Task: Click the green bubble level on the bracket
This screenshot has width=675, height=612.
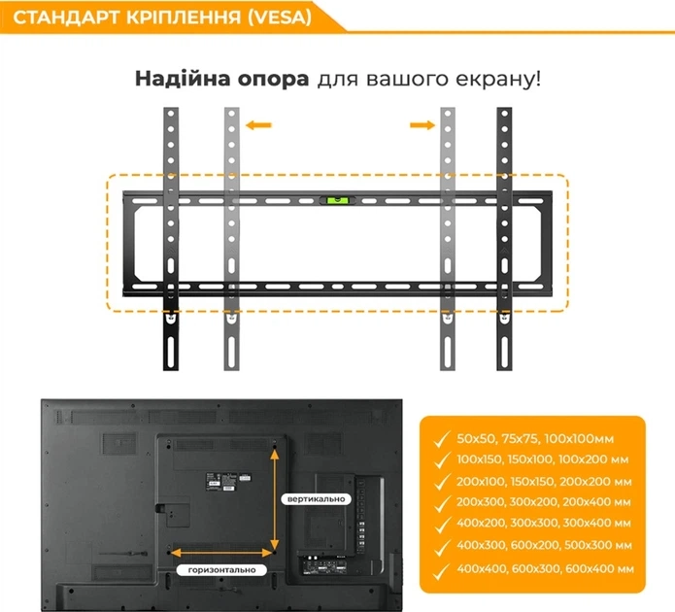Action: point(337,200)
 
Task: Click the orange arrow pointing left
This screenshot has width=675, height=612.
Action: point(258,125)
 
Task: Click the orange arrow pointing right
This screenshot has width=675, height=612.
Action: point(422,125)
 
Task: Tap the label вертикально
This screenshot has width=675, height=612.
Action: point(317,499)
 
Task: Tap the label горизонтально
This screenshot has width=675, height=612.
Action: point(221,570)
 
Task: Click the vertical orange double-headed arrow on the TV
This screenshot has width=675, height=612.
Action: point(275,498)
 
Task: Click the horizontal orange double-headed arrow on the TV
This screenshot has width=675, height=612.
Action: point(221,552)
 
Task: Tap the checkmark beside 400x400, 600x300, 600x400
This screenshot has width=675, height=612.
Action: point(442,571)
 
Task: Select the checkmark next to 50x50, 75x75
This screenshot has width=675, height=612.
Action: point(442,440)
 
